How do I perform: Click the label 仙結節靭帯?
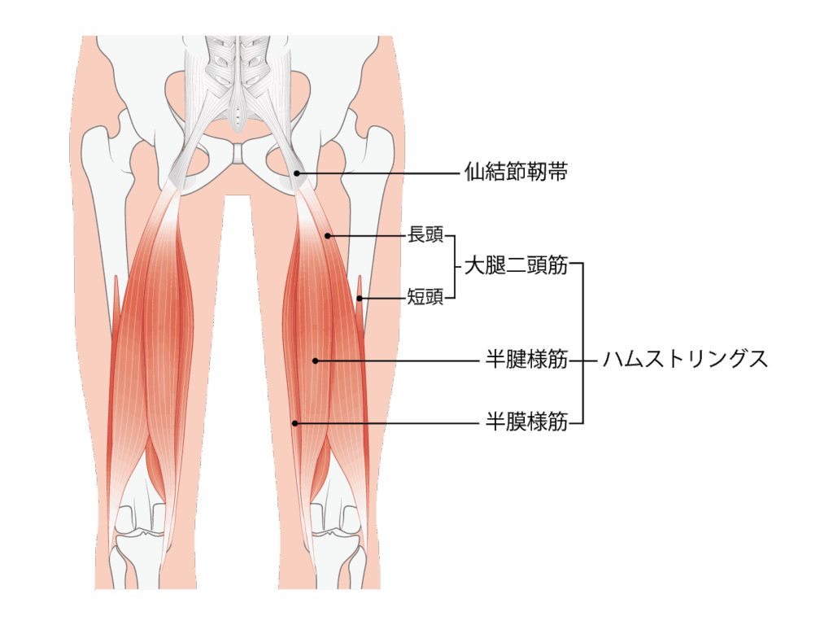[516, 172]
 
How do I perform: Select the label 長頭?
[425, 234]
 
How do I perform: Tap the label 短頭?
[425, 296]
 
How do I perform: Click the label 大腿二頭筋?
[516, 265]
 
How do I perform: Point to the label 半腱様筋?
[526, 360]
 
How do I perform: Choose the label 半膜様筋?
[526, 422]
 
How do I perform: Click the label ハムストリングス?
[685, 359]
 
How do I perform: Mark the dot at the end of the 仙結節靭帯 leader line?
[297, 173]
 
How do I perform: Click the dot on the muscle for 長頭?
[328, 236]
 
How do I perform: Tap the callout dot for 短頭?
[360, 299]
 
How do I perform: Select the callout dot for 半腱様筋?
[315, 361]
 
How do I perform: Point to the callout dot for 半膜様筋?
[295, 423]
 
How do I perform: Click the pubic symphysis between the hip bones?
[239, 154]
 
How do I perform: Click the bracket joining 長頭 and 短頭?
[455, 267]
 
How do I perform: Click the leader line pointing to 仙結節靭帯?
[378, 173]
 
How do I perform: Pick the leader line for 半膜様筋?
[388, 423]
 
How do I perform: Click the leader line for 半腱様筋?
[397, 361]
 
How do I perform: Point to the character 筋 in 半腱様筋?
[558, 360]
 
